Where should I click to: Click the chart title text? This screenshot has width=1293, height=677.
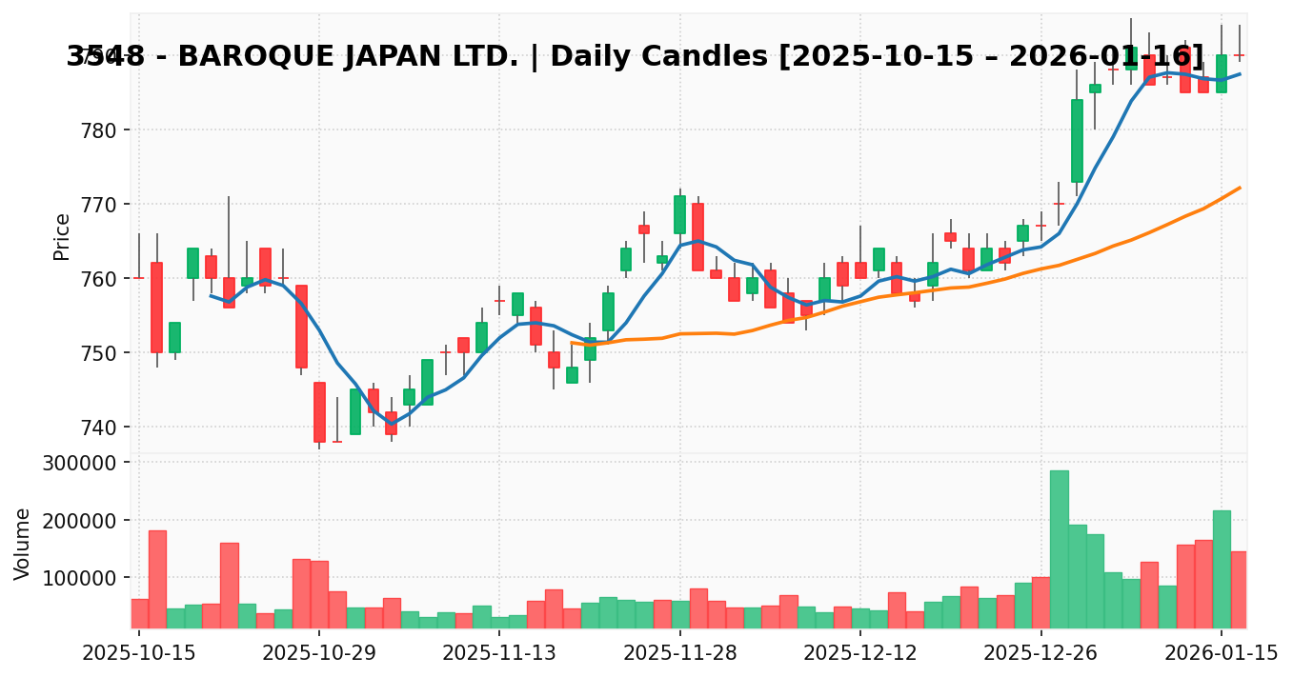[635, 57]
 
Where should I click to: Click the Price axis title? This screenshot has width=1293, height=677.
[63, 236]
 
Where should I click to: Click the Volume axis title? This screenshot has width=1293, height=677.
[24, 544]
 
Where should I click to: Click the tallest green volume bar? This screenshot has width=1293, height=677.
[1059, 548]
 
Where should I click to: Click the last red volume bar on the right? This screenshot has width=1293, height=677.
[1239, 589]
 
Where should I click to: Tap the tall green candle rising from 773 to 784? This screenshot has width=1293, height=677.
[1077, 141]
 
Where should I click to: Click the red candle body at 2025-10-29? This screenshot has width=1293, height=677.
[319, 412]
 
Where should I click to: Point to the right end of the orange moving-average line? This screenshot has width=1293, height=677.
[1240, 188]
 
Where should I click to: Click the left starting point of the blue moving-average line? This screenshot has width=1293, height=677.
[211, 296]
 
